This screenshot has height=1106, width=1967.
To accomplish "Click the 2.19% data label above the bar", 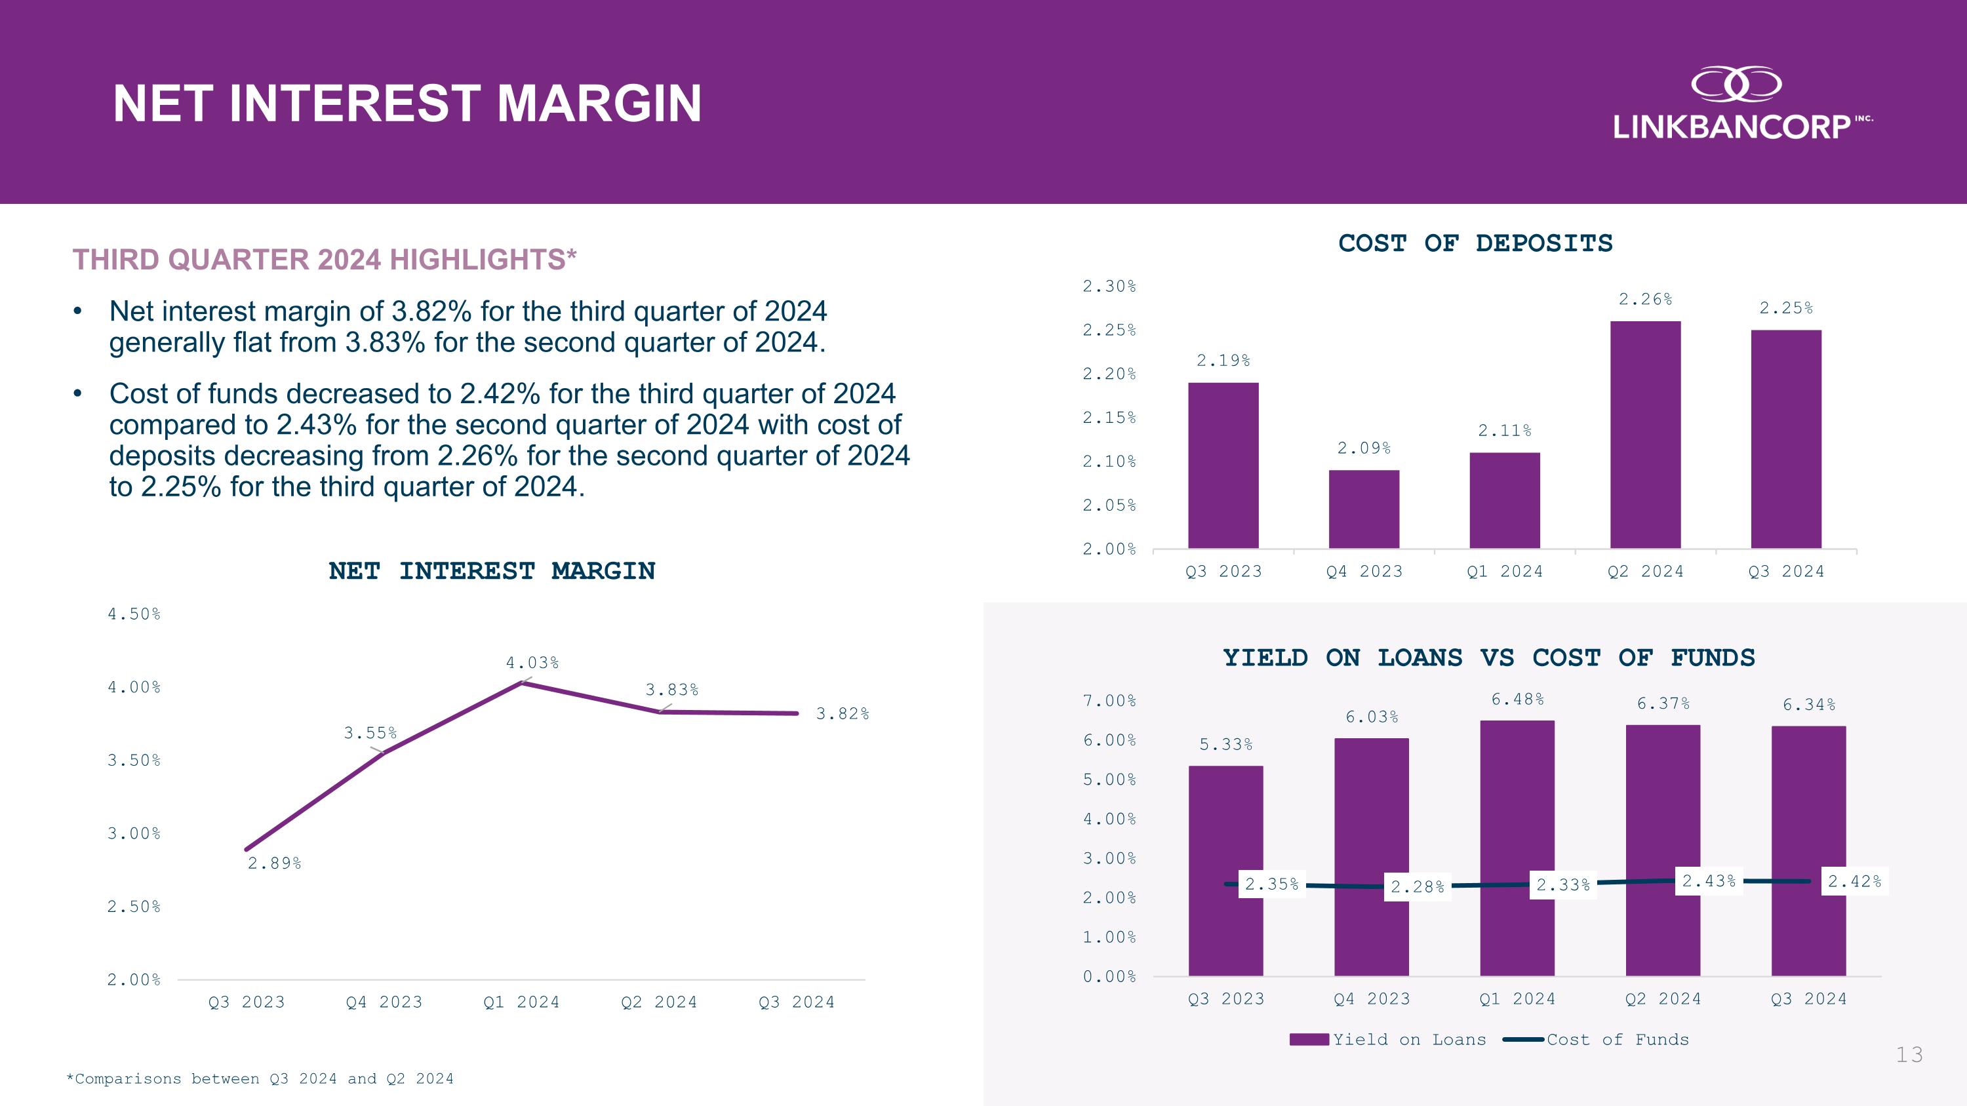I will [x=1223, y=361].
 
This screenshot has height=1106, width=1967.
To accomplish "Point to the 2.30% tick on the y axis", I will [x=1109, y=286].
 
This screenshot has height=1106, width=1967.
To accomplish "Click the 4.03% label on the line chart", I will [x=532, y=663].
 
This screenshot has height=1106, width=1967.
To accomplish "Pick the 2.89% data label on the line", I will [x=274, y=863].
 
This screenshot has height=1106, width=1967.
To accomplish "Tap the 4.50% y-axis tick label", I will [x=134, y=614].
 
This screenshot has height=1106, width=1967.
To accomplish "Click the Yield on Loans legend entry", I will [x=1387, y=1040].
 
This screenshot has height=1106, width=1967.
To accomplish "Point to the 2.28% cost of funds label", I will [x=1417, y=887].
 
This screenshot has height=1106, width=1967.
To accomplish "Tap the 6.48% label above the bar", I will [x=1517, y=699].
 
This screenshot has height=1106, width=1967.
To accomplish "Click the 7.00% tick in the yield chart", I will [x=1109, y=701].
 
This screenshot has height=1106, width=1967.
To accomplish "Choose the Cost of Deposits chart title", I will [x=1475, y=243].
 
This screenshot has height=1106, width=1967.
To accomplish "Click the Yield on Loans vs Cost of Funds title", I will [x=1488, y=658].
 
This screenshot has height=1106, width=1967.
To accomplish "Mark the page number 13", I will [x=1909, y=1055].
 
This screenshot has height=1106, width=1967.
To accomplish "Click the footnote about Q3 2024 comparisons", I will [x=260, y=1078].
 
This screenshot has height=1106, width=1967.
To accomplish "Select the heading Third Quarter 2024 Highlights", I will [x=325, y=260].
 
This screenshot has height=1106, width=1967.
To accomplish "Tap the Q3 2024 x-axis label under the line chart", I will [x=796, y=1002].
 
